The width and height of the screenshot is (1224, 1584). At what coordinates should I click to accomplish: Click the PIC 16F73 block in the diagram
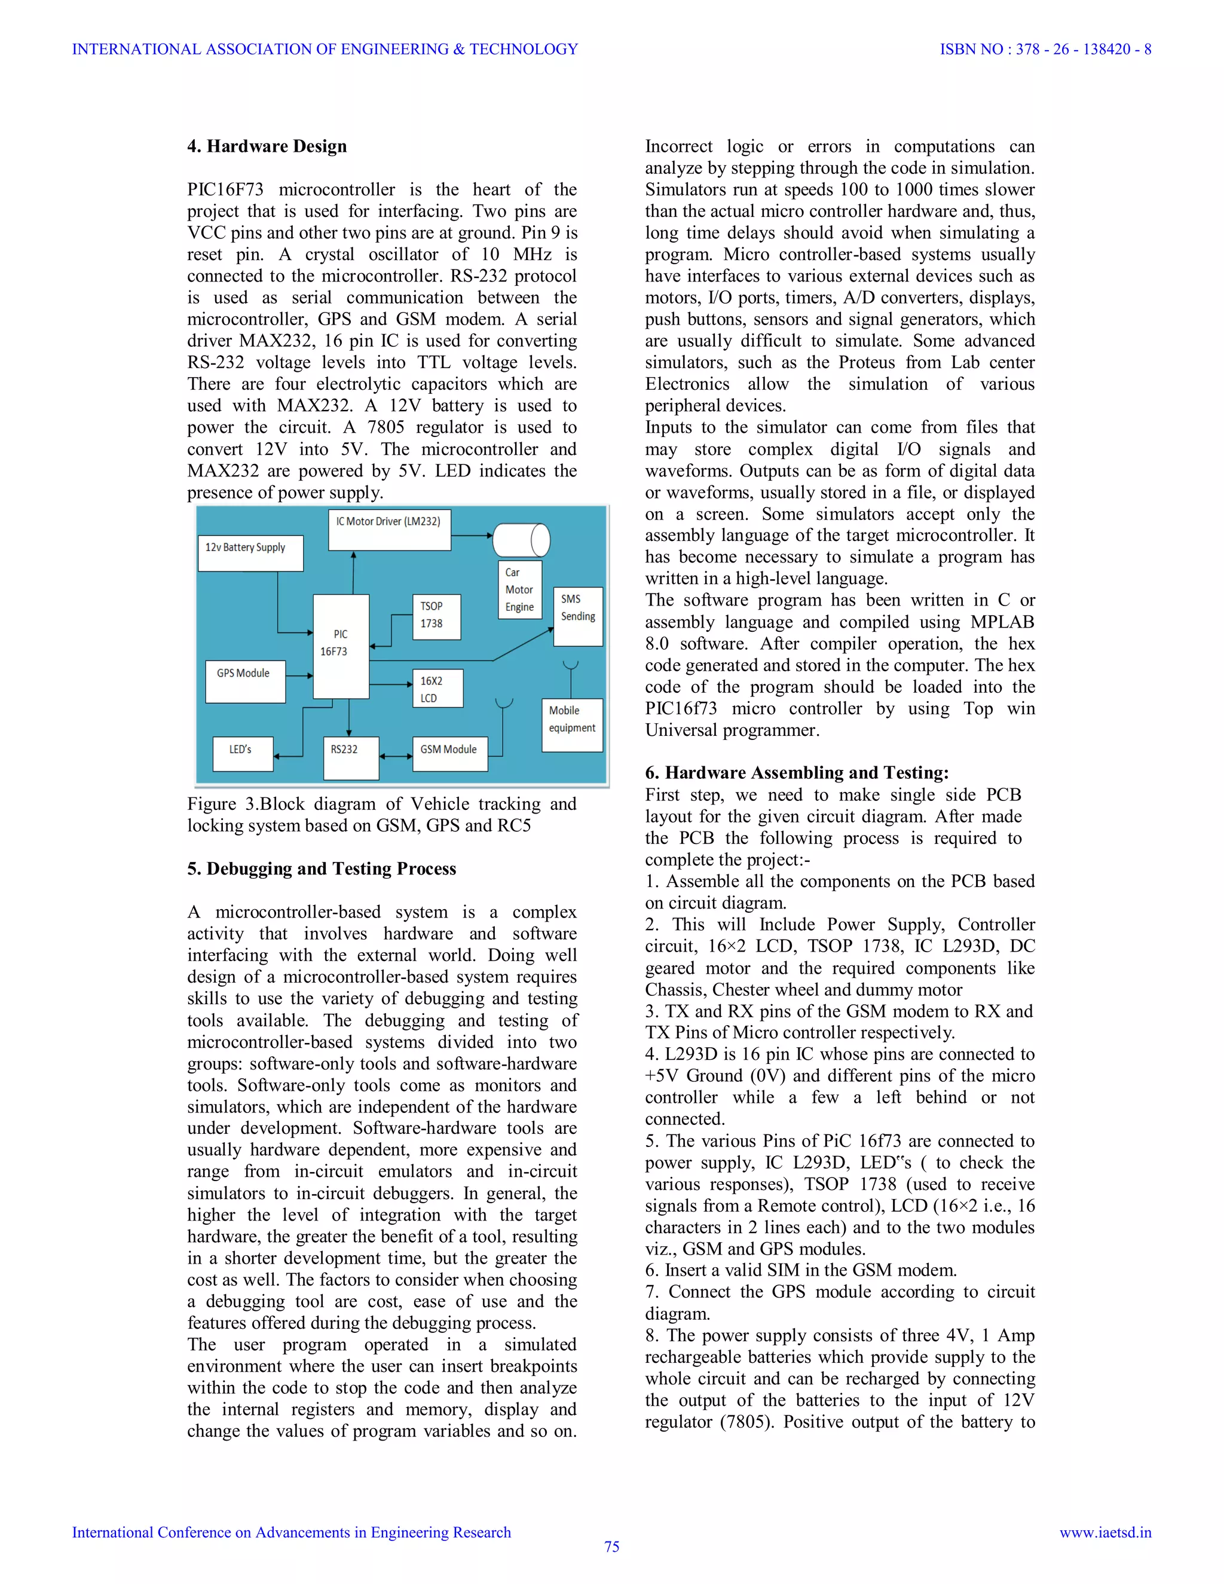341,646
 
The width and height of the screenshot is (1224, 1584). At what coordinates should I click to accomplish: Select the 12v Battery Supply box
250,553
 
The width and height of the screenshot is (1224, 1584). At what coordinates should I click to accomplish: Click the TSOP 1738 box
436,616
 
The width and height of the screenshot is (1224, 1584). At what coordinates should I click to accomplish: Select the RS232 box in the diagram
350,757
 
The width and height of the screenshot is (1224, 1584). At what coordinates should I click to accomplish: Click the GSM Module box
449,753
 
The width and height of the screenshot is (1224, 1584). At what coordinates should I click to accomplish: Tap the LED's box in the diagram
242,753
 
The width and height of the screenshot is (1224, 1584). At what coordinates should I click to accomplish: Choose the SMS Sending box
578,616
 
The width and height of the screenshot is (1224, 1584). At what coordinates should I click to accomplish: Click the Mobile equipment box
572,724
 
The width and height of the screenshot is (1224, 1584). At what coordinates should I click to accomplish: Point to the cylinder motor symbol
521,540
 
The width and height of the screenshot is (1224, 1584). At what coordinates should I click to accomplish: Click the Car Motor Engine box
520,589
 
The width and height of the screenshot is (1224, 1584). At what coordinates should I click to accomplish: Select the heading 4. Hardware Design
267,146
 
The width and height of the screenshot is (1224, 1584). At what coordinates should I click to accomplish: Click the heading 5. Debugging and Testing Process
321,869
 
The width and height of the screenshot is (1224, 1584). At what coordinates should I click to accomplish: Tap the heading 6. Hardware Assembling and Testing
796,772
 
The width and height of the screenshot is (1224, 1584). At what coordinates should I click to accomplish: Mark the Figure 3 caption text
381,815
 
